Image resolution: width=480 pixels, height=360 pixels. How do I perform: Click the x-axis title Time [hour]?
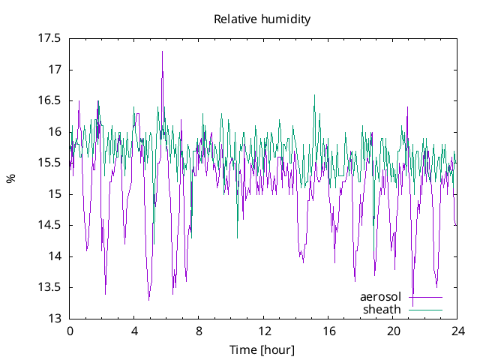tap(262, 350)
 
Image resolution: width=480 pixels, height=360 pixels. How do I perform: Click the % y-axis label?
tap(10, 178)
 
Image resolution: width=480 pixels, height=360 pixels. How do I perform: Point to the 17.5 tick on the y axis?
tap(49, 38)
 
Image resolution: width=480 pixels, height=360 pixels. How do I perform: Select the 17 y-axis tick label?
tap(55, 70)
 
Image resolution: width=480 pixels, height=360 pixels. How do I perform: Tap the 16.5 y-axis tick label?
tap(49, 100)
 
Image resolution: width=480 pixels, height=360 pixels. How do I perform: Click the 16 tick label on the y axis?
tap(55, 132)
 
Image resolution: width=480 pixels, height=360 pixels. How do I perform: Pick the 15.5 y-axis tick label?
tap(49, 163)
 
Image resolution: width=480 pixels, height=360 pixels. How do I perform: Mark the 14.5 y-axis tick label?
tap(49, 225)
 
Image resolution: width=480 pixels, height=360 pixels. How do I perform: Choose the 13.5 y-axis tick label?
tap(49, 287)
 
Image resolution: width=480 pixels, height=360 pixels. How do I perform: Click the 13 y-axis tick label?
tap(55, 319)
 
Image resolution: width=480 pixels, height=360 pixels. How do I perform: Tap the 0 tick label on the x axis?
tap(70, 331)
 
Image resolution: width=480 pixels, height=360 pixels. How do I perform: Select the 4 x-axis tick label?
tap(134, 331)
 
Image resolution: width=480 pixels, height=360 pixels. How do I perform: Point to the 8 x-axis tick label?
tap(199, 331)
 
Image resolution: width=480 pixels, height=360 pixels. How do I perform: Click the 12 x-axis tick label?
tap(264, 331)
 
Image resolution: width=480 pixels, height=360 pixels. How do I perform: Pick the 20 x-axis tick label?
tap(394, 331)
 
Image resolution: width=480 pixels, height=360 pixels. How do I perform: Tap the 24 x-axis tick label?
tap(458, 331)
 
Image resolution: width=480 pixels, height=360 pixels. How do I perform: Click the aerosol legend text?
tap(382, 297)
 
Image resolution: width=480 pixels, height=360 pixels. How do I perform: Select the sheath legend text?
tap(382, 309)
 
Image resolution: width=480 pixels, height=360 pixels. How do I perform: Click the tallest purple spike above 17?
tap(162, 52)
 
